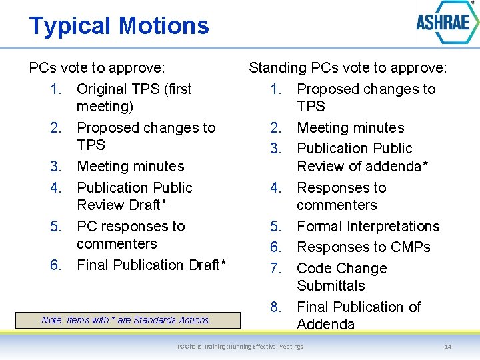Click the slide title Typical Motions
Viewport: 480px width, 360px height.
coord(119,26)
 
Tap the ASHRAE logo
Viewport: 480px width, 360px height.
coord(443,23)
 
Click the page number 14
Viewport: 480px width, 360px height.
coord(448,347)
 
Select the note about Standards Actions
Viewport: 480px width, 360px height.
coord(127,320)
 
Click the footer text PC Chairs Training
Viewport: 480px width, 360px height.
coord(240,347)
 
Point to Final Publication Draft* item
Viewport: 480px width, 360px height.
coord(152,265)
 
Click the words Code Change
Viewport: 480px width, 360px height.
coord(341,268)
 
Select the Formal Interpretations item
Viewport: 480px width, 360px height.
coord(368,226)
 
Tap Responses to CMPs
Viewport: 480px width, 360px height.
coord(363,247)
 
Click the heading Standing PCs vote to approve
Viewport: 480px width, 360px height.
coord(347,67)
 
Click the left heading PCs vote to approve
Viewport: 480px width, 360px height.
coord(97,67)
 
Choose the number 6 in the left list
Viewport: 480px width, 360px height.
coord(56,265)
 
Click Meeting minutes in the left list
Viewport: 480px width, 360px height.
coord(131,166)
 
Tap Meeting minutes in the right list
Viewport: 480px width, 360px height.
coord(351,127)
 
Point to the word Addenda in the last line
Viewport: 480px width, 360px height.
coord(326,324)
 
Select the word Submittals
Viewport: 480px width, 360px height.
coord(331,285)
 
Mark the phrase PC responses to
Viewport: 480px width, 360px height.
coord(131,226)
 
